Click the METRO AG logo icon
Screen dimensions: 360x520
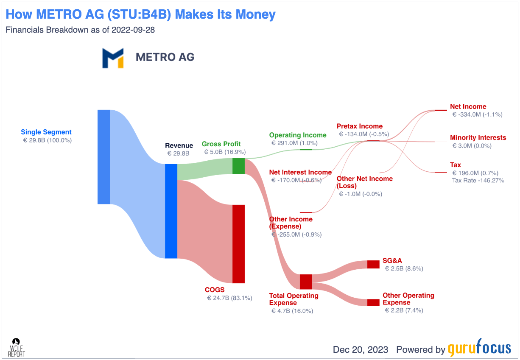[x=113, y=58]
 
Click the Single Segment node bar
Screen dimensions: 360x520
[x=103, y=157]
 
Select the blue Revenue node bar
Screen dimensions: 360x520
[x=171, y=211]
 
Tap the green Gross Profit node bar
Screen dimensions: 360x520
[x=238, y=166]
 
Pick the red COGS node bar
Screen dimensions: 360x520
[x=238, y=244]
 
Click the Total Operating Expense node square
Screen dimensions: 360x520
[x=306, y=282]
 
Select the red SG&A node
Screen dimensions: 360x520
[x=373, y=264]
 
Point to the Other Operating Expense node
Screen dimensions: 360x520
[x=373, y=302]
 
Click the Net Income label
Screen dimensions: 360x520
[x=468, y=106]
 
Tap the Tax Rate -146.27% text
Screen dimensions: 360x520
[x=478, y=181]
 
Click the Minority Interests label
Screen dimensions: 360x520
[x=478, y=137]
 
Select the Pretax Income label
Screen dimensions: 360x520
[x=360, y=126]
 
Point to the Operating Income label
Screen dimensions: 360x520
[x=298, y=135]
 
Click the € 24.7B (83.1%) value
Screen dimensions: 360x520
[x=229, y=298]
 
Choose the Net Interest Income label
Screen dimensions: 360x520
[x=300, y=172]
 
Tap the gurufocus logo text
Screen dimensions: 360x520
[x=479, y=349]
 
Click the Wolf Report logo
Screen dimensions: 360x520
[x=17, y=347]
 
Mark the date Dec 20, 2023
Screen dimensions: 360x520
[x=361, y=349]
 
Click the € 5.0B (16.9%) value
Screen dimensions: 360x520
[x=224, y=152]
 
